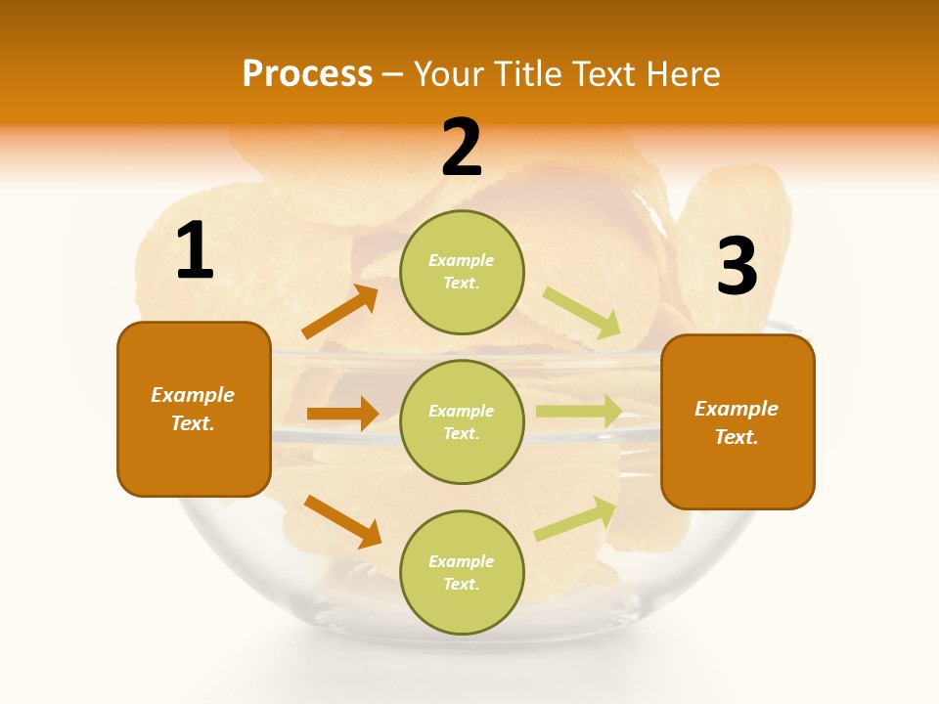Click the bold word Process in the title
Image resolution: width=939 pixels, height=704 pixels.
click(x=307, y=74)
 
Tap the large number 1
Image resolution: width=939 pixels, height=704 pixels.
click(x=195, y=251)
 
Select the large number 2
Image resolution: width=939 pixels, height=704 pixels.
click(x=462, y=148)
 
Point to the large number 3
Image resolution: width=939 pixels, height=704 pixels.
click(x=737, y=267)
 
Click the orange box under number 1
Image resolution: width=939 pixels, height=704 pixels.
click(x=194, y=409)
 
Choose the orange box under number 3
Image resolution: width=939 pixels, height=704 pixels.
click(x=738, y=421)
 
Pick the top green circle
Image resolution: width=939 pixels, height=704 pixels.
click(x=462, y=272)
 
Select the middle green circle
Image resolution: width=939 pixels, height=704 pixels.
click(x=462, y=421)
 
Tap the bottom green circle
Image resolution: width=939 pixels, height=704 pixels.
click(x=462, y=572)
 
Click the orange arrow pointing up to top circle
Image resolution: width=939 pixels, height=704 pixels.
click(x=339, y=312)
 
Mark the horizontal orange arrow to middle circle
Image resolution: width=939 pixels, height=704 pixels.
click(x=342, y=414)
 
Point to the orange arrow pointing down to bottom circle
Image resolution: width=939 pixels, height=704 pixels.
click(x=342, y=521)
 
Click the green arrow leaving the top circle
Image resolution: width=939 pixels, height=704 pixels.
click(x=582, y=312)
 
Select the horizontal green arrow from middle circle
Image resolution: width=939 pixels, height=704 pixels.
click(x=579, y=411)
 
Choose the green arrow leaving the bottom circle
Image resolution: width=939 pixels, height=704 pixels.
click(x=576, y=519)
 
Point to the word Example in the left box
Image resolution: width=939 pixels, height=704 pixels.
click(x=193, y=395)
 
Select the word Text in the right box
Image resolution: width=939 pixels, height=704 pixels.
click(x=735, y=437)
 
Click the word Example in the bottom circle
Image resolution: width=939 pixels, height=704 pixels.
click(x=461, y=561)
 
